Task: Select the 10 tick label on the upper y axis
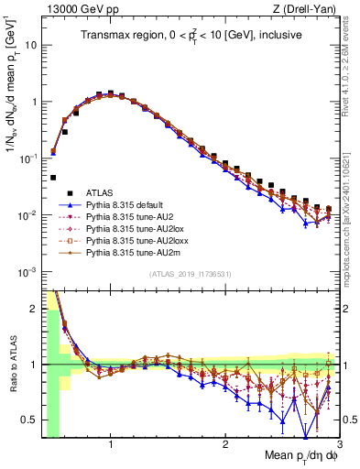coord(30,44)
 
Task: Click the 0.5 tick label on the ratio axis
coord(28,420)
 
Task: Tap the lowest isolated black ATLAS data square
coord(53,178)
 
